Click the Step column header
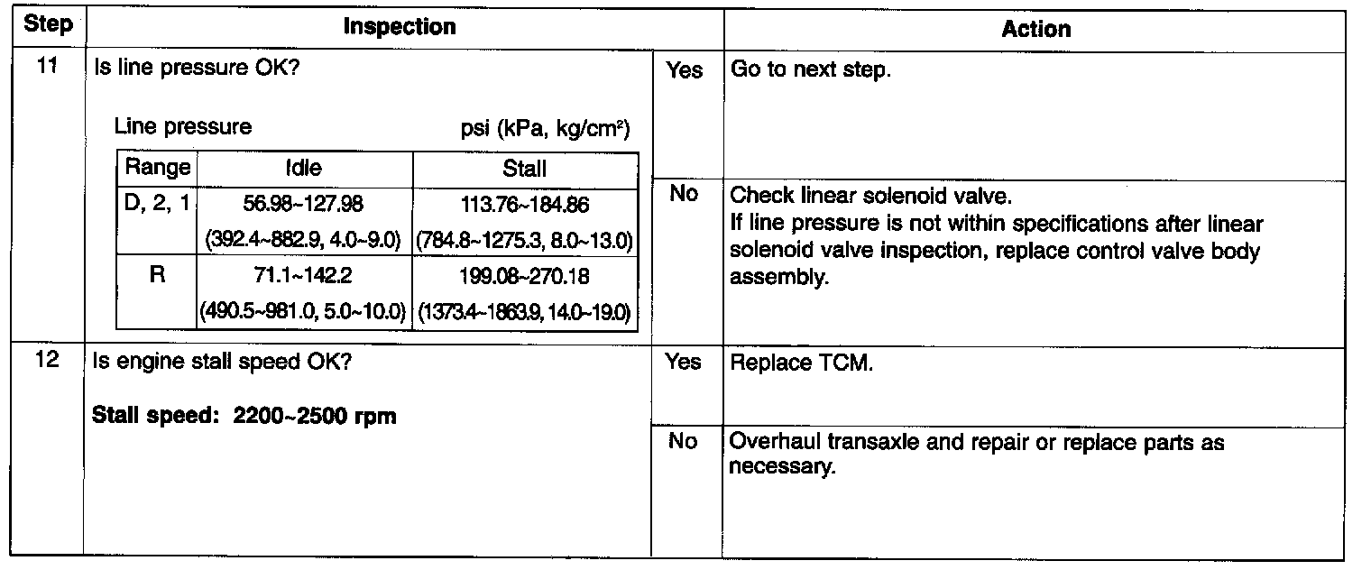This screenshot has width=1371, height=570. (48, 25)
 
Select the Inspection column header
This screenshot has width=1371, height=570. (400, 27)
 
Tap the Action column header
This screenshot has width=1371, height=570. (1036, 29)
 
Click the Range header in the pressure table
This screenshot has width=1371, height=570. (157, 168)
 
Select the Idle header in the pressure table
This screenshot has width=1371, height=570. (303, 169)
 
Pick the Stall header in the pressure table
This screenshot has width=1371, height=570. (524, 169)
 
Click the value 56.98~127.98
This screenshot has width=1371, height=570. (303, 206)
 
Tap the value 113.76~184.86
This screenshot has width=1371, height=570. (524, 206)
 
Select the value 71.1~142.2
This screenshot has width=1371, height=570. (303, 275)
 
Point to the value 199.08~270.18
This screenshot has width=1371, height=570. (524, 275)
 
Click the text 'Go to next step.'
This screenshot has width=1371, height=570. (809, 69)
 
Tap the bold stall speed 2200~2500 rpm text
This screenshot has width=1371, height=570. (244, 418)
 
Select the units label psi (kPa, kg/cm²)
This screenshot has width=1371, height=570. (544, 128)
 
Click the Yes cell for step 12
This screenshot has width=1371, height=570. (684, 363)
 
